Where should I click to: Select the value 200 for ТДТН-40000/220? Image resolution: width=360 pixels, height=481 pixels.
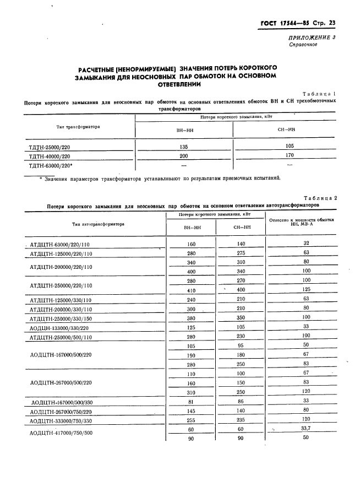(183, 156)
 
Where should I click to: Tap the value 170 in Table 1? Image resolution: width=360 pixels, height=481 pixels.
(290, 155)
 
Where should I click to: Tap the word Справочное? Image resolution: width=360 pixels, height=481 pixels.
(303, 45)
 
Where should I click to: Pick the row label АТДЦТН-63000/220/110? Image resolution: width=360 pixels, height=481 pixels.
(61, 244)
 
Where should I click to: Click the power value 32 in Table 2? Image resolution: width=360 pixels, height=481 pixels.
(307, 243)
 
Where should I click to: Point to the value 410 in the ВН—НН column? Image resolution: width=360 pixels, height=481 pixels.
(191, 290)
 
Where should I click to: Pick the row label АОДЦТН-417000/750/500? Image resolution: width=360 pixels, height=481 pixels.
(61, 433)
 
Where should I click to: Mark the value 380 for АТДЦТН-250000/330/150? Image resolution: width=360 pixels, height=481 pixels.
(191, 318)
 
